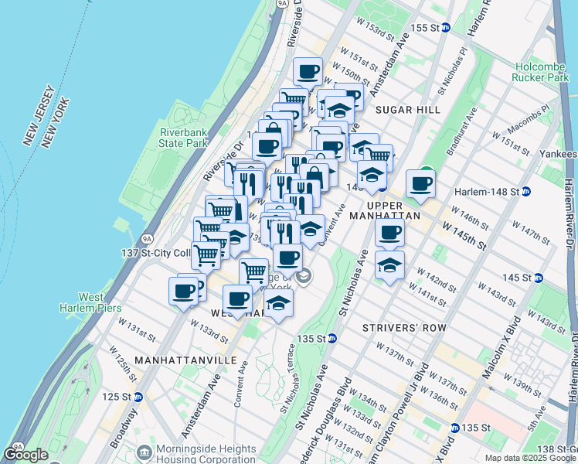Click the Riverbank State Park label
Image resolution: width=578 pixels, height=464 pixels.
(183, 137)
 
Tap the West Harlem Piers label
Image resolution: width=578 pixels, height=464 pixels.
(91, 302)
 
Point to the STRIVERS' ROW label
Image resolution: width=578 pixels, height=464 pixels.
(405, 328)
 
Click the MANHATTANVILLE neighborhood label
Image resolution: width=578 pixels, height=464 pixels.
(174, 360)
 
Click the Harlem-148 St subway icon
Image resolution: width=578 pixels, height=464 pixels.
(525, 191)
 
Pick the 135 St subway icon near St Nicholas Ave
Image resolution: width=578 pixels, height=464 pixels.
(331, 339)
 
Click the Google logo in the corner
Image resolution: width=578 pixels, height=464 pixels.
(25, 455)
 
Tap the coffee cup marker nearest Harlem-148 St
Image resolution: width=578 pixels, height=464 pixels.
(421, 184)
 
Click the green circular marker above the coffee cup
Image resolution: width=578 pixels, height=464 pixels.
(425, 176)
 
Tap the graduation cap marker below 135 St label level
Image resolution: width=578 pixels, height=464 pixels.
(279, 305)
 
